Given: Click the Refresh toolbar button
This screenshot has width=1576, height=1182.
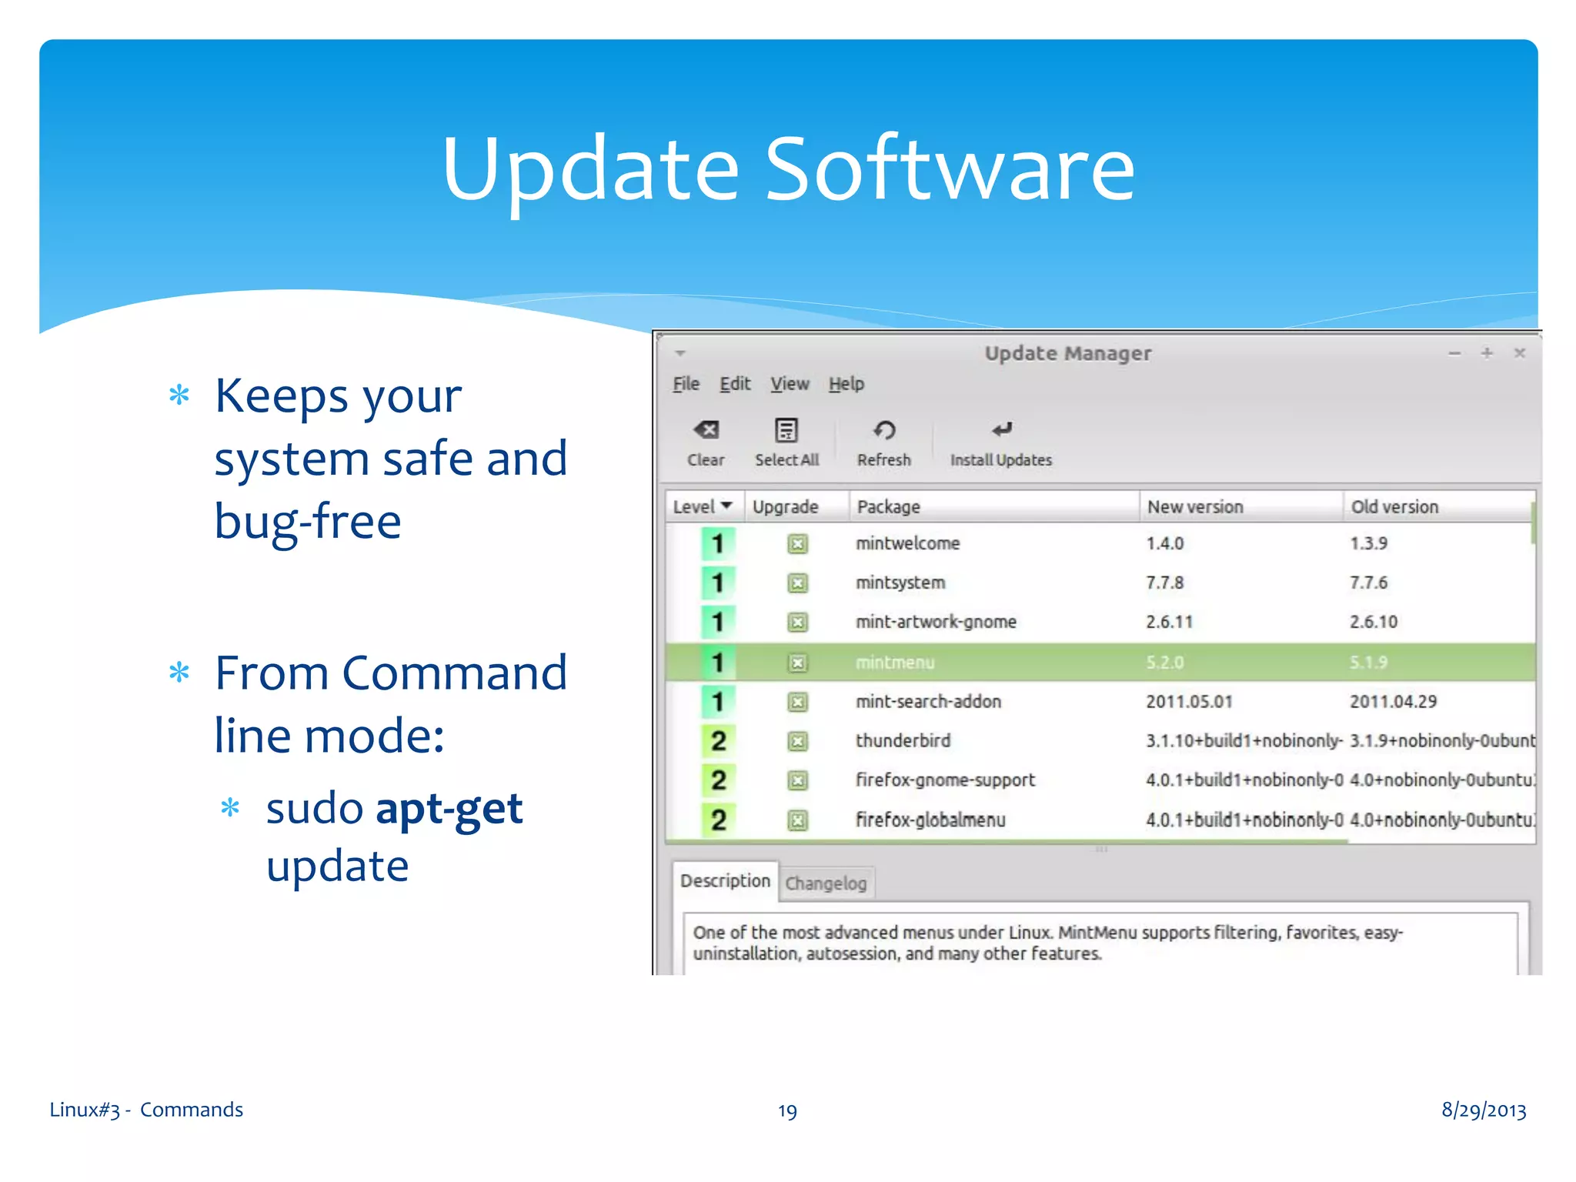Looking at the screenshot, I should pyautogui.click(x=883, y=442).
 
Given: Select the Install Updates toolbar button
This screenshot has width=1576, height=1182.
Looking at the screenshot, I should pyautogui.click(x=1000, y=442).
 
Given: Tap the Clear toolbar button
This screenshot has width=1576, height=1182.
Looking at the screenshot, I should pyautogui.click(x=706, y=442).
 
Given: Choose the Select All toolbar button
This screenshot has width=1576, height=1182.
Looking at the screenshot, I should pyautogui.click(x=786, y=442).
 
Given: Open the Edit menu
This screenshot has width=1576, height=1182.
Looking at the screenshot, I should pyautogui.click(x=734, y=383).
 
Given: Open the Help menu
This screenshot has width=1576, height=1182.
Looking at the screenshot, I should pyautogui.click(x=846, y=383).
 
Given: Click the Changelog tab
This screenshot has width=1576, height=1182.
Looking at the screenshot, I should pyautogui.click(x=826, y=883).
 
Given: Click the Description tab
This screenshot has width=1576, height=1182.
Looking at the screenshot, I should pyautogui.click(x=725, y=880).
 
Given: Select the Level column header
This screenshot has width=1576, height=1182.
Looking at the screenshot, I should pyautogui.click(x=702, y=506).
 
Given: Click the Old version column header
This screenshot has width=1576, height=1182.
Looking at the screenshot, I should pyautogui.click(x=1394, y=506).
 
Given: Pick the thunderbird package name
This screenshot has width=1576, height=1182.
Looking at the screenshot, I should pyautogui.click(x=903, y=740).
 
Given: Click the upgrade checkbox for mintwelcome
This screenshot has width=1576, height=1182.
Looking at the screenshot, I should pyautogui.click(x=797, y=544).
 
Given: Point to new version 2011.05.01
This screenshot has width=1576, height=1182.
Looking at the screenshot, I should pyautogui.click(x=1189, y=701).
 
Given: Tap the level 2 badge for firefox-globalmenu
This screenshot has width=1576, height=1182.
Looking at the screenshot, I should pyautogui.click(x=718, y=820).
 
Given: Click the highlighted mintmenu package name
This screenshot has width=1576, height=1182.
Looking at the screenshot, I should pyautogui.click(x=895, y=662).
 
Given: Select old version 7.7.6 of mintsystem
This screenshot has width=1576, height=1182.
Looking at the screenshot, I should pyautogui.click(x=1368, y=583).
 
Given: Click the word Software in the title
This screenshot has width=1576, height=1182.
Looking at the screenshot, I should pyautogui.click(x=950, y=169).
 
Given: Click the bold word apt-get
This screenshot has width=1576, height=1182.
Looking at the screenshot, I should pyautogui.click(x=449, y=809).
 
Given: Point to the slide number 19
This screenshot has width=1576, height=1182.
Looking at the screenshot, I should pyautogui.click(x=787, y=1110).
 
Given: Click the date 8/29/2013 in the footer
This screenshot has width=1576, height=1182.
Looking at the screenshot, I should pyautogui.click(x=1483, y=1110).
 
